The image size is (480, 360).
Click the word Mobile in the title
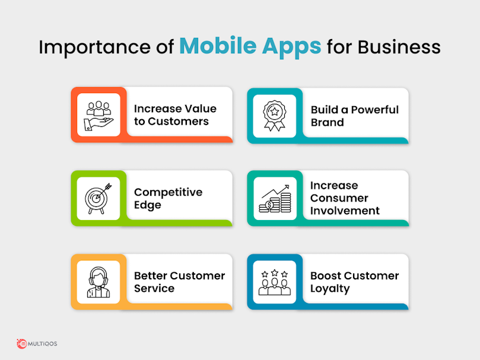218,46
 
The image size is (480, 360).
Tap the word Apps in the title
292,47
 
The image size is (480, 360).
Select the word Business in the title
399,47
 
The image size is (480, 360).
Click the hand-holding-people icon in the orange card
98,116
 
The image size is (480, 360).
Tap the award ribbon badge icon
275,116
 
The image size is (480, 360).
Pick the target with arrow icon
98,199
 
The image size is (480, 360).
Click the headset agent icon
98,282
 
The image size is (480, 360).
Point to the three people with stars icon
275,282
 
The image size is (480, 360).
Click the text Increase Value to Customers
175,115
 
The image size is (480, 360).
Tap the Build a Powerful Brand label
354,116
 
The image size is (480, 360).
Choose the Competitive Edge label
168,198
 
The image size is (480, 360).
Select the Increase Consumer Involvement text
345,198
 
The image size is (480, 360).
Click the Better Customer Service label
179,282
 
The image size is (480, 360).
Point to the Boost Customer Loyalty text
354,282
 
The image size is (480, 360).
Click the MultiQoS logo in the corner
37,344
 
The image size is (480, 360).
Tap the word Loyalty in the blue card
330,289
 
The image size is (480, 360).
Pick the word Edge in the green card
148,205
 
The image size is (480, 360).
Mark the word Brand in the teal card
328,122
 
